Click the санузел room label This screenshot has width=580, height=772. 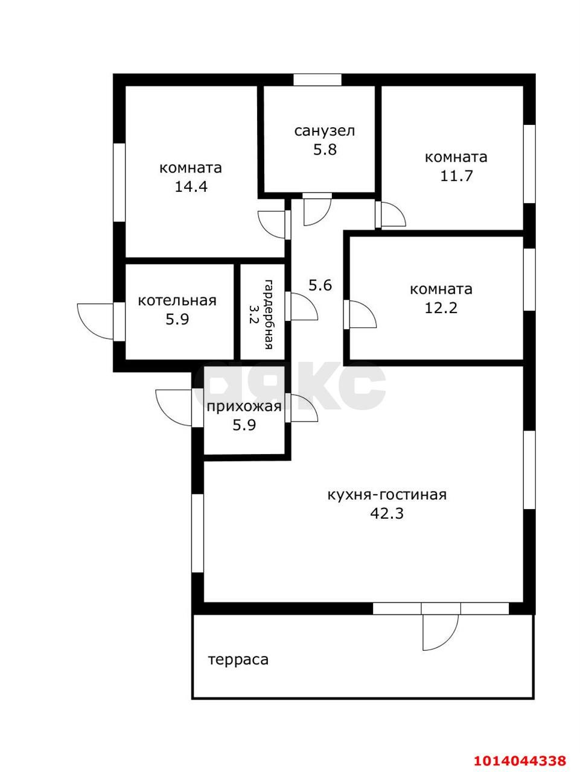coord(324,130)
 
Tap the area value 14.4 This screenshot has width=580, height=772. coord(191,186)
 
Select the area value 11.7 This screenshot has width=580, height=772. coord(456,176)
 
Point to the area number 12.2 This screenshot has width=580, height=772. coord(441,308)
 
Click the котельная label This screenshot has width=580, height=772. coord(177,300)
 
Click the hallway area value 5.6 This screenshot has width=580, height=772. coord(320,285)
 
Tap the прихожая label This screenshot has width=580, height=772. coord(244,406)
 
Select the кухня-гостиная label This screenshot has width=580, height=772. coord(386,495)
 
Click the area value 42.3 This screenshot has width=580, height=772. coord(387,514)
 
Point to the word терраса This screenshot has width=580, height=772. coord(238,660)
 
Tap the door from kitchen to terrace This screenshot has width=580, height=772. coord(440,631)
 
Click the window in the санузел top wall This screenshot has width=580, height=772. coord(317,80)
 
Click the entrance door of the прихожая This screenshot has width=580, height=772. coord(174,407)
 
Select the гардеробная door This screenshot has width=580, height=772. coord(303,306)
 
